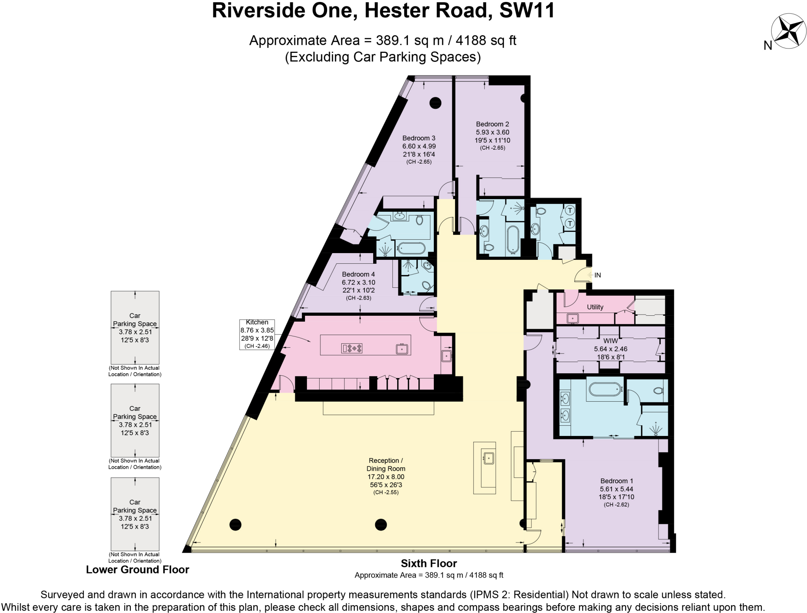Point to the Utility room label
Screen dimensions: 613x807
595,307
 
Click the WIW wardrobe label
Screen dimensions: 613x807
610,341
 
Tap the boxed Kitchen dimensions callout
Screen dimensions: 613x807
257,334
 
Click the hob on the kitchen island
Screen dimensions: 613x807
352,348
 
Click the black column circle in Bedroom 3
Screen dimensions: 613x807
435,103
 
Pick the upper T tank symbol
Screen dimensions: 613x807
570,211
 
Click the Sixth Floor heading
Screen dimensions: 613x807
429,563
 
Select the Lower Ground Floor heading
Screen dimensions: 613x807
138,570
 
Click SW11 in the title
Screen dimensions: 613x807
527,11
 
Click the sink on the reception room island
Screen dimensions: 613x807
488,458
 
